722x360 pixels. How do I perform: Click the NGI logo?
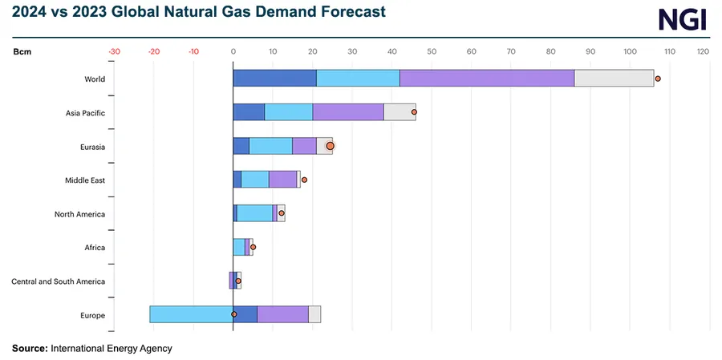point(682,18)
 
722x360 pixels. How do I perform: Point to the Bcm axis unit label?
point(22,51)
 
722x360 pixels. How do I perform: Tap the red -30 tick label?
point(114,51)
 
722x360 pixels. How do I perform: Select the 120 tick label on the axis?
point(703,51)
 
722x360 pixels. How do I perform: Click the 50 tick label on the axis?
point(432,51)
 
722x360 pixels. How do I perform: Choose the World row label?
point(95,79)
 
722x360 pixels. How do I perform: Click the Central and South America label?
point(58,281)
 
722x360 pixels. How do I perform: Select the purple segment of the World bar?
point(486,79)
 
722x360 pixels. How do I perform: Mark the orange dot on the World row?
point(658,79)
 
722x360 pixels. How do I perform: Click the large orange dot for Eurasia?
point(330,146)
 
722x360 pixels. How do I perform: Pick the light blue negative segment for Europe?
point(191,314)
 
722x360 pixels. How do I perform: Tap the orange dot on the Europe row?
point(233,314)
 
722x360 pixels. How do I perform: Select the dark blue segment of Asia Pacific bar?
point(249,112)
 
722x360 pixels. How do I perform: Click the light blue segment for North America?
point(255,213)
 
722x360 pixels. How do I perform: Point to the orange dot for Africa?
point(254,247)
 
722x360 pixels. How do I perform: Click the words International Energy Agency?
point(112,349)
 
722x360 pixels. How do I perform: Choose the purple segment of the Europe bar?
point(282,314)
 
